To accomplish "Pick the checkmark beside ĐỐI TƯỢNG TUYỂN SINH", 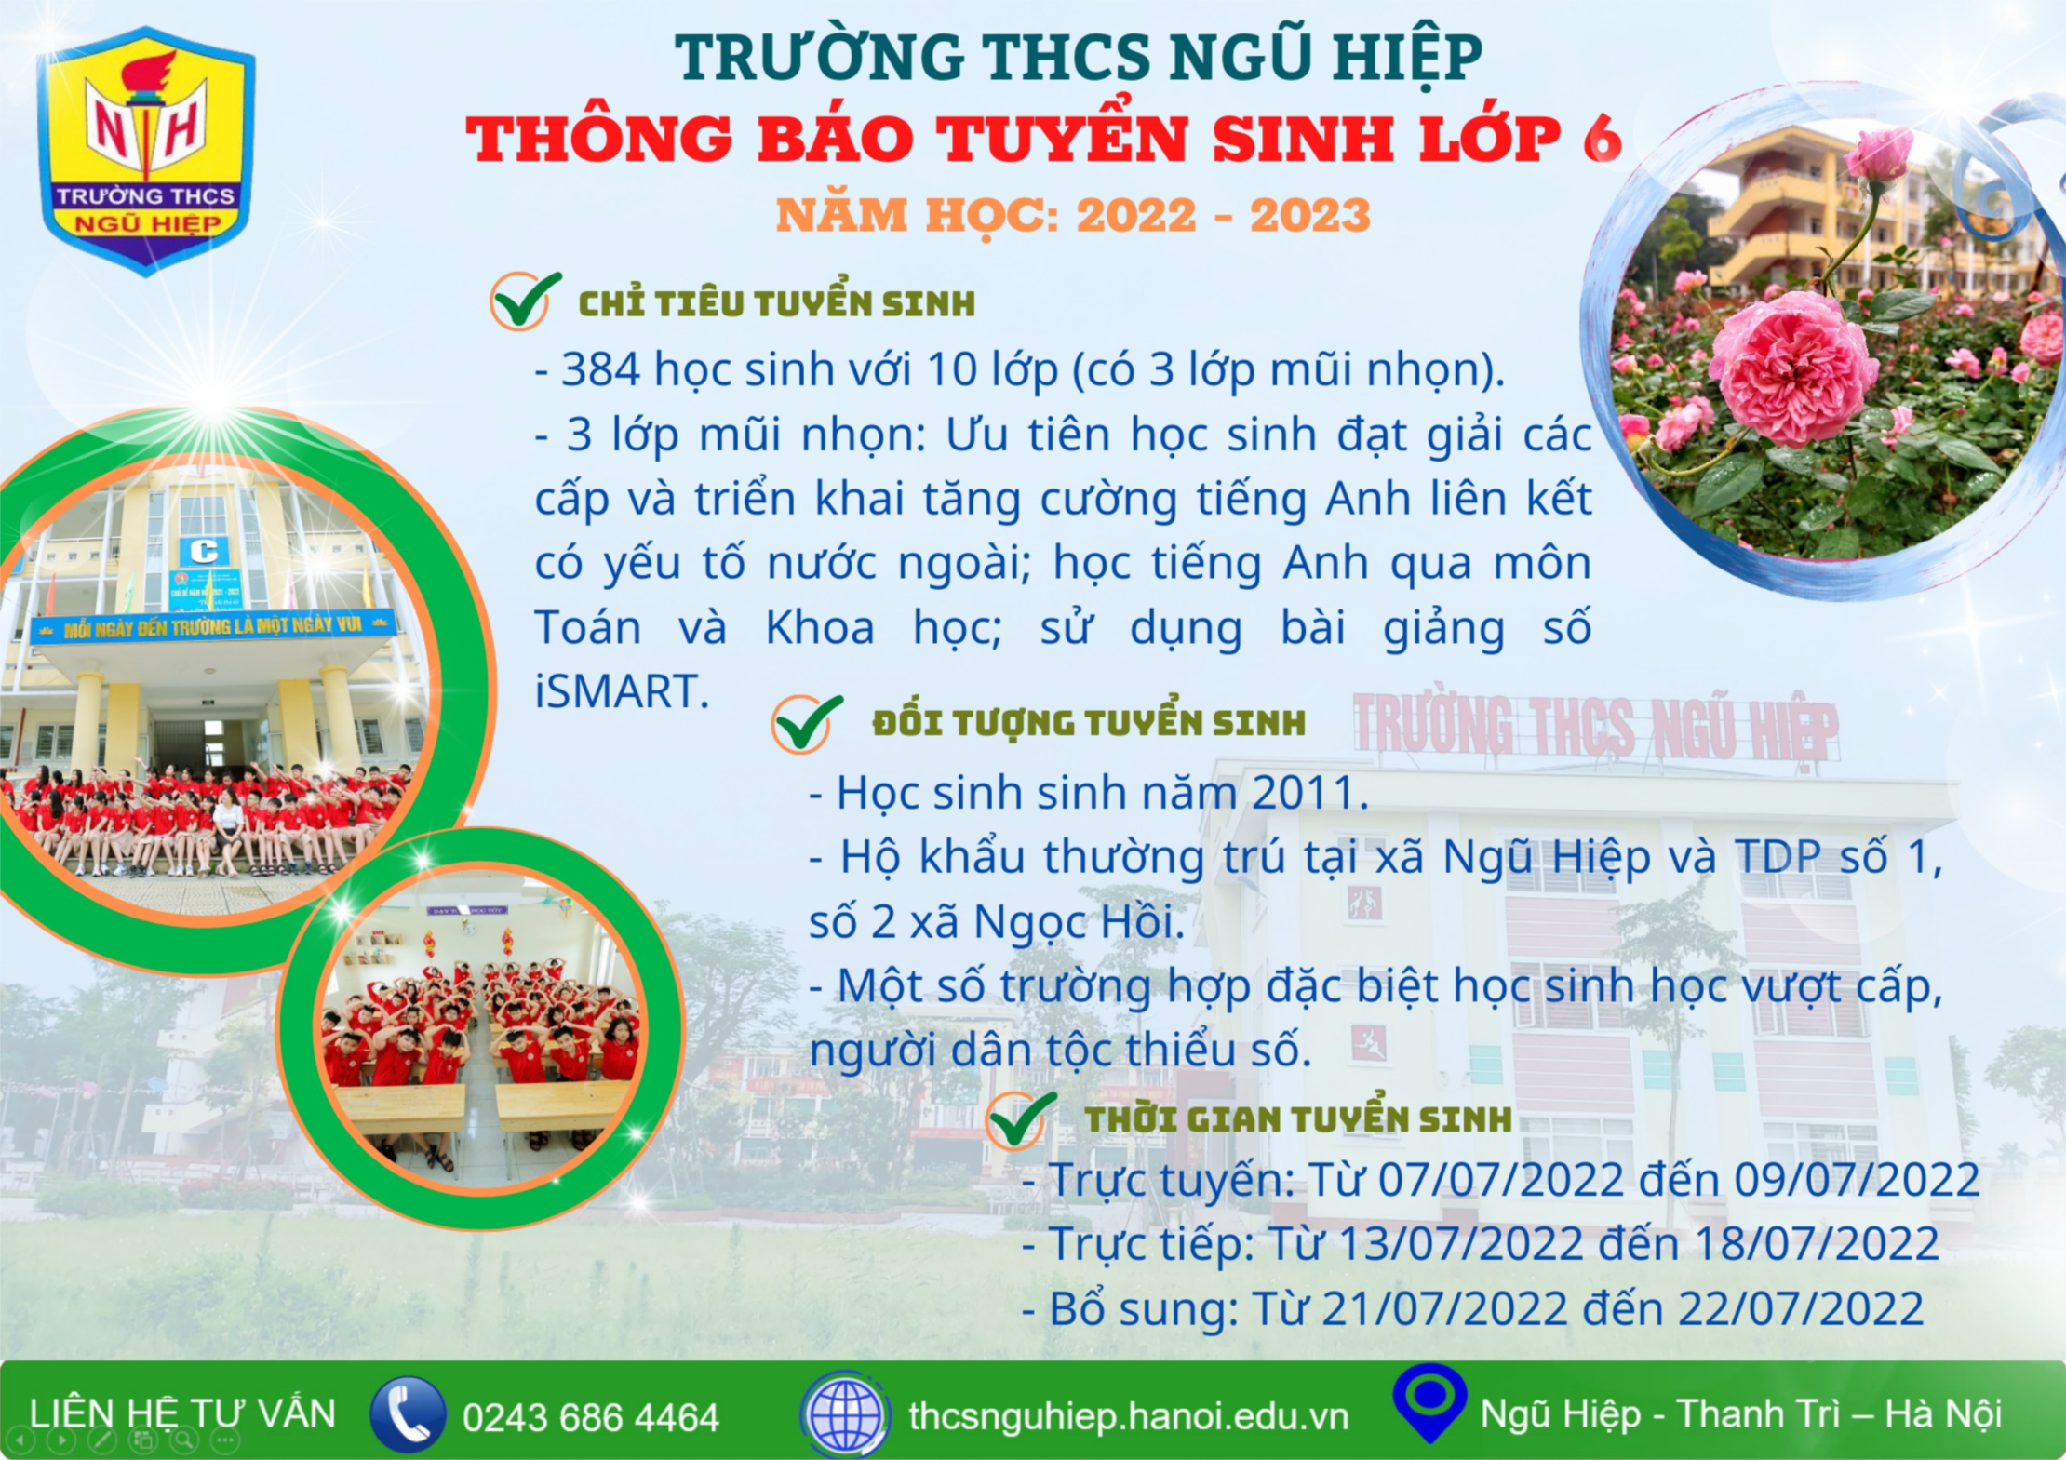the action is [x=807, y=722].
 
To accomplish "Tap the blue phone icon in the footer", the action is [x=408, y=1414].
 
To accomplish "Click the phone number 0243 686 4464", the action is [x=591, y=1417].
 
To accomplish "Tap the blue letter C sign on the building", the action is [x=204, y=551].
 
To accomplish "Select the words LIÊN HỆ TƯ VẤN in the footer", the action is [x=182, y=1413].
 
